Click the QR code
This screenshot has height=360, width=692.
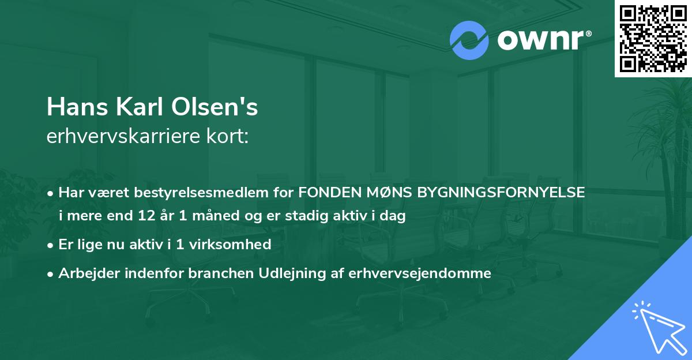[x=653, y=38]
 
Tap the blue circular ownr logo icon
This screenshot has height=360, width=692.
[x=469, y=40]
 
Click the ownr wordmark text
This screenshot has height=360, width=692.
[x=542, y=40]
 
